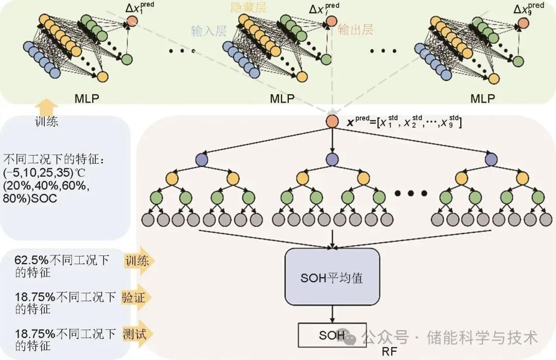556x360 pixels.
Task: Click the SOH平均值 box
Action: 332,278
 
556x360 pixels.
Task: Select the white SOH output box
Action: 332,335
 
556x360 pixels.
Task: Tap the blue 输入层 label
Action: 208,31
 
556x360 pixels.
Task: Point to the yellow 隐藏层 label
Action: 249,8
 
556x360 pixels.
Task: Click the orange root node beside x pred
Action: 332,122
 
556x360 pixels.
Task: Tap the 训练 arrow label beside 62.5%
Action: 137,261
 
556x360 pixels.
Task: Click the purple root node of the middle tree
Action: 332,159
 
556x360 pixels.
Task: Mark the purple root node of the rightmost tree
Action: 490,159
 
